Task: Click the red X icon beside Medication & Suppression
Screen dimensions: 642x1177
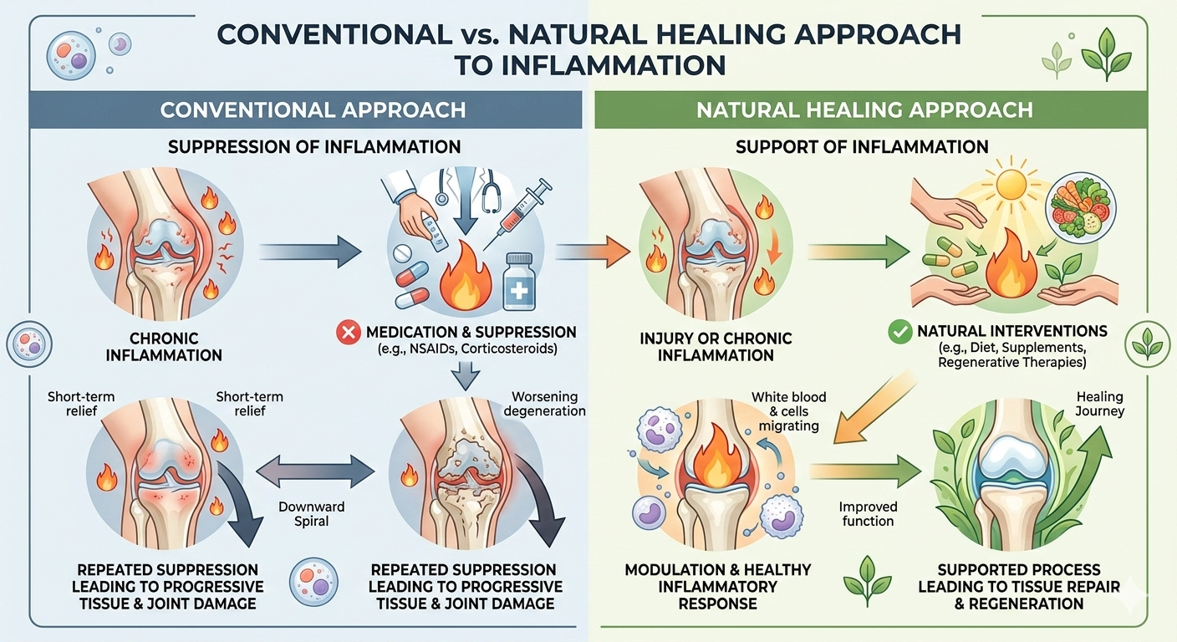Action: pyautogui.click(x=348, y=333)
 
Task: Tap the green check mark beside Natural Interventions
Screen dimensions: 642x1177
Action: pyautogui.click(x=899, y=333)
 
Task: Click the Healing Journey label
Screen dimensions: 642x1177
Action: pyautogui.click(x=1099, y=404)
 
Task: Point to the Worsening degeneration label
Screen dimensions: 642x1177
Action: pyautogui.click(x=545, y=404)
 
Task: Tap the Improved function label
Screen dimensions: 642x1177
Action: pyautogui.click(x=868, y=514)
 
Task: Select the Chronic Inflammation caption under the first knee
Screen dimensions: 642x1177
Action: pyautogui.click(x=176, y=346)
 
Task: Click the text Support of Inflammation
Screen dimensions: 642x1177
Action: pyautogui.click(x=861, y=147)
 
